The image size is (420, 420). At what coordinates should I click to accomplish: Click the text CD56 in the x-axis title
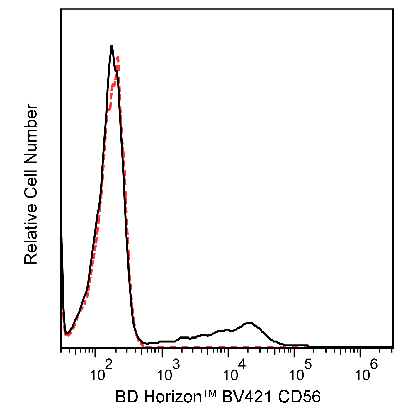tap(299, 397)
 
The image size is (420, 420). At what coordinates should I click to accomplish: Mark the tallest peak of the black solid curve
tap(111, 46)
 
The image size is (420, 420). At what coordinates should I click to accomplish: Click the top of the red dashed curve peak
tap(118, 57)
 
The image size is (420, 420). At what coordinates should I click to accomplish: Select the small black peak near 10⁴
tap(249, 323)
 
